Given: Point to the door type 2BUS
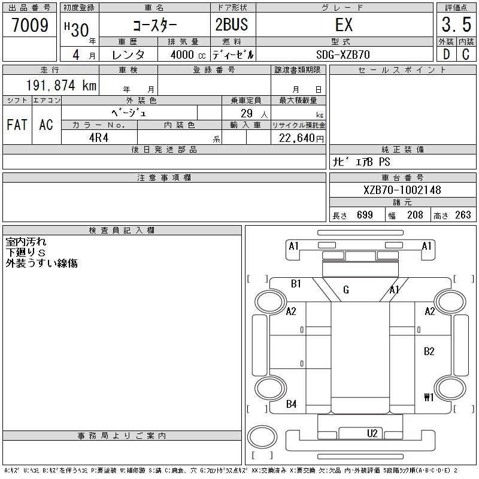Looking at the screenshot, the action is [x=231, y=25].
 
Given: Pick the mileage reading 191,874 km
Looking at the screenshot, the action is [x=60, y=86].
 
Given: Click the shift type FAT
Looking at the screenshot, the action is [x=17, y=125].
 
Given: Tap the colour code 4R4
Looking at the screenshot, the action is [x=99, y=138].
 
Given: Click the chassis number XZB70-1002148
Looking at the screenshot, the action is [x=402, y=190].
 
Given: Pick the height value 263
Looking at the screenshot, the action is [x=463, y=215].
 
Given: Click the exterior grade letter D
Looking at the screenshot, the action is [x=446, y=54].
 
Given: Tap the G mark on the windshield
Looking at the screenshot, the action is [x=346, y=290].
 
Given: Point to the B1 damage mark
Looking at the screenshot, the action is [x=296, y=284].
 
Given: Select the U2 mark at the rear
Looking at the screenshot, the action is [x=372, y=433].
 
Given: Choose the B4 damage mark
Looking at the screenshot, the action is [x=292, y=404].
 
